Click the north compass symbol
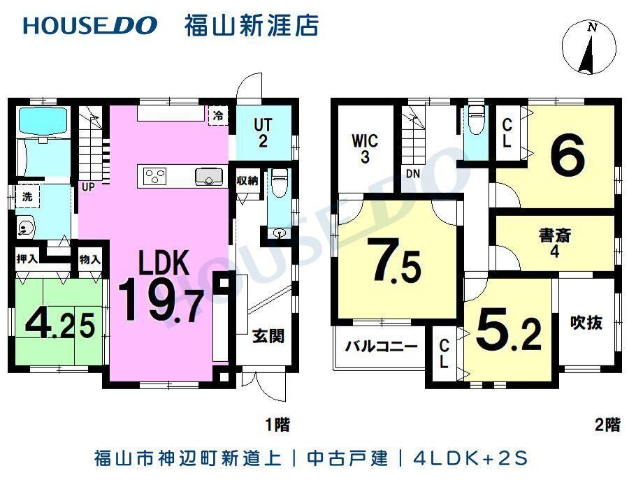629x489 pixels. [x=589, y=48]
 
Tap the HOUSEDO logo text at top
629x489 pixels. [x=90, y=25]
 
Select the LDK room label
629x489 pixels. [x=164, y=263]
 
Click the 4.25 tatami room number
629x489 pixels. [x=60, y=324]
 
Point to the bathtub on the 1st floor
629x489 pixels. [x=42, y=120]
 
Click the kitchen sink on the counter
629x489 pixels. [x=209, y=177]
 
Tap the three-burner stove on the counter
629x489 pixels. [x=155, y=176]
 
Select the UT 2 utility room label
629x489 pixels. [x=263, y=133]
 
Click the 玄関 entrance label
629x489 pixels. [x=268, y=336]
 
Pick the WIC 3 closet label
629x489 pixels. [x=365, y=148]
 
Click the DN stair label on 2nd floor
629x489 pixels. [x=413, y=173]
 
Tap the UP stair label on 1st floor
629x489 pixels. [x=88, y=187]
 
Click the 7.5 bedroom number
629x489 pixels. [x=397, y=261]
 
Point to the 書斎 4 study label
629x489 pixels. [x=555, y=243]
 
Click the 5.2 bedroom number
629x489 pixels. [x=509, y=330]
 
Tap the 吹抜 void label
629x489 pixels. [x=586, y=322]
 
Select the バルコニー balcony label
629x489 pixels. [x=382, y=346]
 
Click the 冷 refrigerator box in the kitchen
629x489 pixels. [x=218, y=116]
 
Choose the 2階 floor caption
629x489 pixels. [x=608, y=425]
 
